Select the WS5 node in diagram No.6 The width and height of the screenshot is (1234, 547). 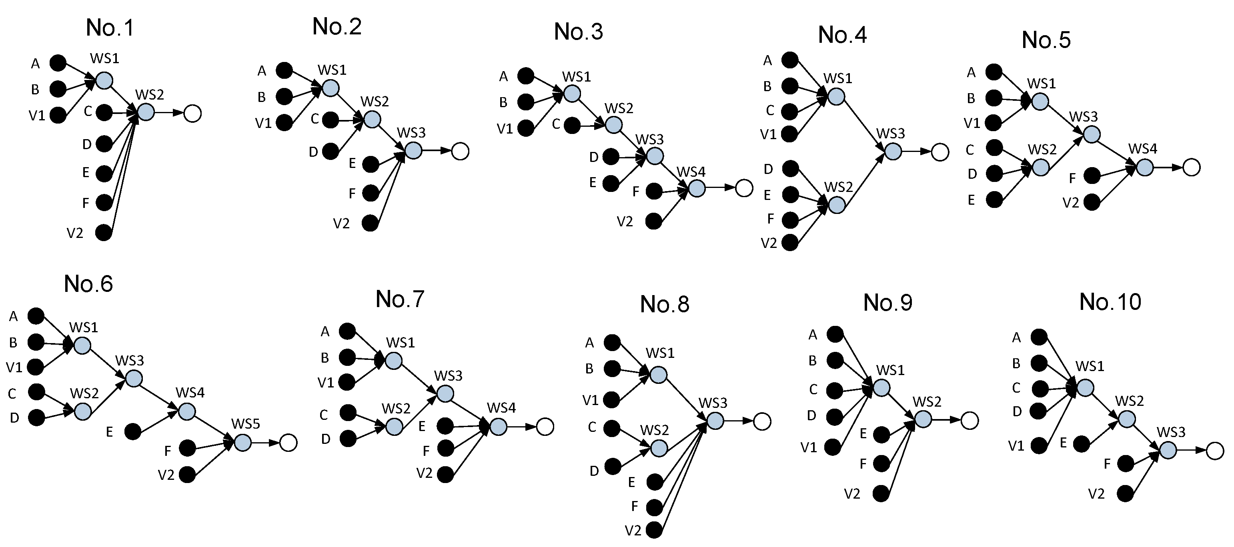point(242,443)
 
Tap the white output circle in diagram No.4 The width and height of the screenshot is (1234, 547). point(940,152)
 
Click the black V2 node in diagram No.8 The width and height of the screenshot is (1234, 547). point(654,530)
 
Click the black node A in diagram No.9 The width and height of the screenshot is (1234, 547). point(835,334)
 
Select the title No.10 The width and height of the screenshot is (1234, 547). point(1110,302)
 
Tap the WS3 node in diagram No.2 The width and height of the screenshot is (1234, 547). point(413,151)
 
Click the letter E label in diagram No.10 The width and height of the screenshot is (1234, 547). point(1063,443)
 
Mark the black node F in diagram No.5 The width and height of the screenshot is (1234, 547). point(1092,176)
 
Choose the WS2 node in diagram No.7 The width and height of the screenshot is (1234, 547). point(394,426)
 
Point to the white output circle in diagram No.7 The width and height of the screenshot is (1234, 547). point(545,426)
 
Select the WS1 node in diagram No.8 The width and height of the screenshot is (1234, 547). point(658,375)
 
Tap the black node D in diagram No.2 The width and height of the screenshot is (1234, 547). point(330,151)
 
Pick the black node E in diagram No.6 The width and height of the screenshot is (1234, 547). point(133,432)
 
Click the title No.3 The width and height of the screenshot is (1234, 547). point(578,32)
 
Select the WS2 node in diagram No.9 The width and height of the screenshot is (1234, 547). point(923,419)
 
